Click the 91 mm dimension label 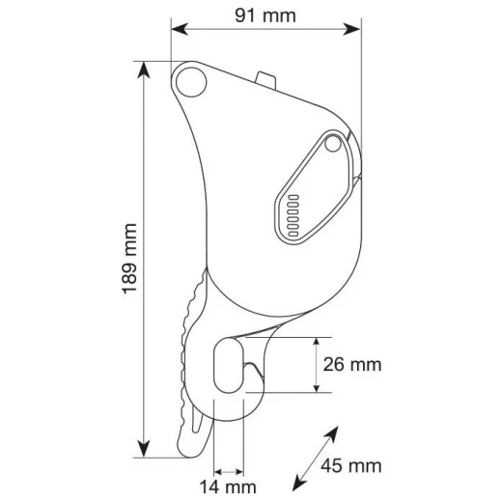(x=265, y=15)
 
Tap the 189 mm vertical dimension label (x=129, y=259)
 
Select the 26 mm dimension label (x=352, y=365)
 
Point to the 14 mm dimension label (x=228, y=487)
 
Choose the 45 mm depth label (x=351, y=465)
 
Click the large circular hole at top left (x=191, y=82)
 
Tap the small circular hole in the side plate (x=333, y=144)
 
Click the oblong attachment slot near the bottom (x=228, y=366)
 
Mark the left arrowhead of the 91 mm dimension (x=179, y=29)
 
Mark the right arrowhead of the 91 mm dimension (x=352, y=29)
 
